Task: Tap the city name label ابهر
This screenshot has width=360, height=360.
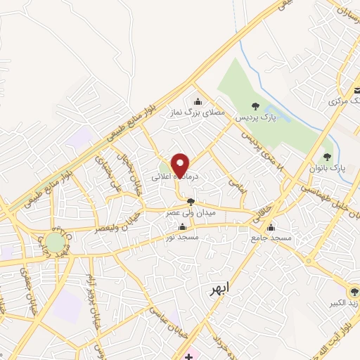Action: click(x=221, y=289)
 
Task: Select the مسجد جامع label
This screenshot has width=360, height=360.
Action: click(x=268, y=238)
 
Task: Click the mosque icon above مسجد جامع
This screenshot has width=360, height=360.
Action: click(x=271, y=226)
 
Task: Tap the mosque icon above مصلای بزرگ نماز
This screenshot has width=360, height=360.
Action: click(x=196, y=101)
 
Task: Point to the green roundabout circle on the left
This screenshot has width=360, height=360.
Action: click(x=55, y=243)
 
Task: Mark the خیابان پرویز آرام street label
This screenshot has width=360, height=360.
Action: click(x=91, y=302)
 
